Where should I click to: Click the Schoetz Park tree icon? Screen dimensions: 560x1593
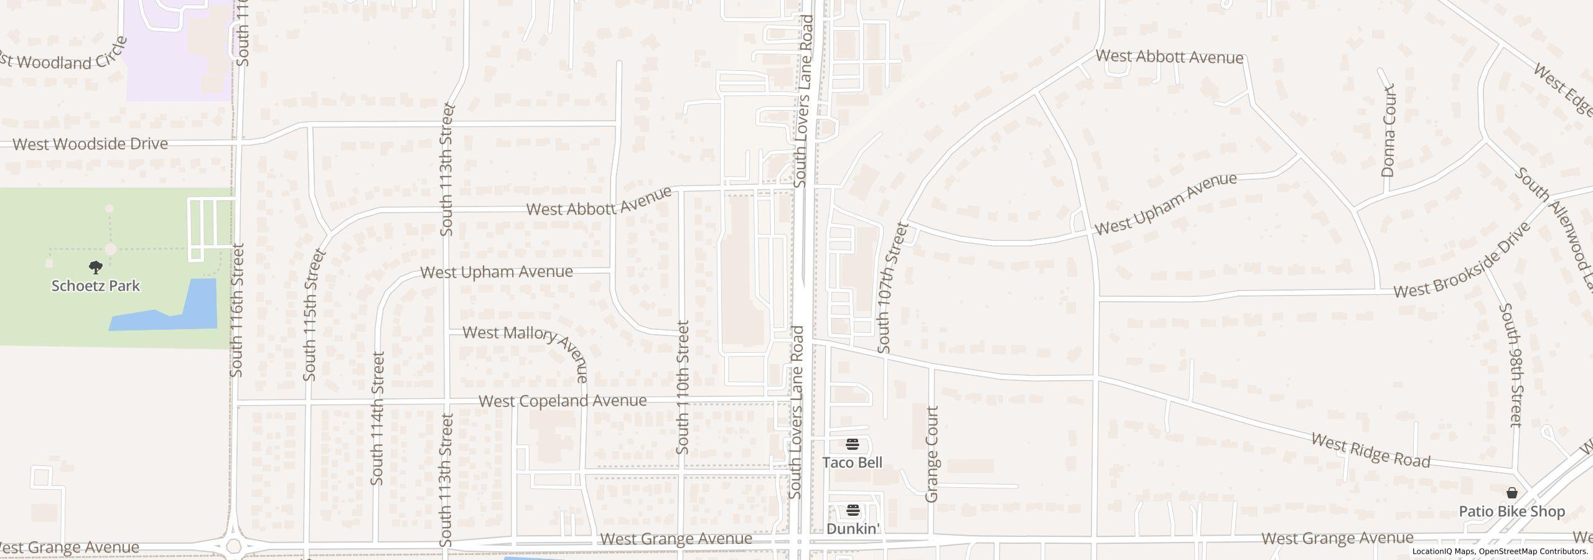(95, 268)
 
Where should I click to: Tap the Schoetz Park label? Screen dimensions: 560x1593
(95, 286)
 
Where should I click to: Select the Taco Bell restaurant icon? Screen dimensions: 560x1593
(852, 444)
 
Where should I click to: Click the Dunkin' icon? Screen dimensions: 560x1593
(852, 511)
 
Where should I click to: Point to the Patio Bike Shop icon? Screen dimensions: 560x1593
(1511, 493)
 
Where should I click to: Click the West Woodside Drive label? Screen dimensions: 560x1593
(90, 144)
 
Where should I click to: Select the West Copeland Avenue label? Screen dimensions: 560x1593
(563, 401)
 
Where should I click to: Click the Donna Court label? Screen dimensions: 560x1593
(1388, 131)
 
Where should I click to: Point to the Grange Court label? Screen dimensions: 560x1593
(932, 454)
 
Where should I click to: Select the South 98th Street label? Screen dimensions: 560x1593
(1511, 365)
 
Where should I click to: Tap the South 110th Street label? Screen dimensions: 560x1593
(683, 387)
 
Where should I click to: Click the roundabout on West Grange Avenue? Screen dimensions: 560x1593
(233, 547)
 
